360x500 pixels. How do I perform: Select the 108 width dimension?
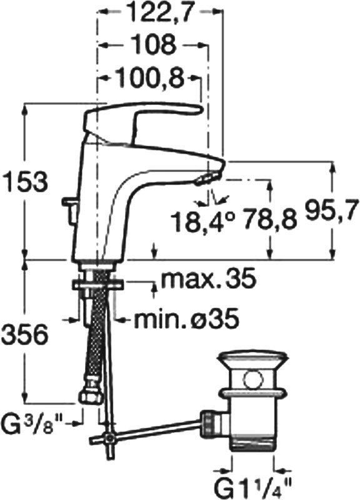154,44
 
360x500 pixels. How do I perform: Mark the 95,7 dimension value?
329,211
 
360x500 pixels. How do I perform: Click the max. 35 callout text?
209,279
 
